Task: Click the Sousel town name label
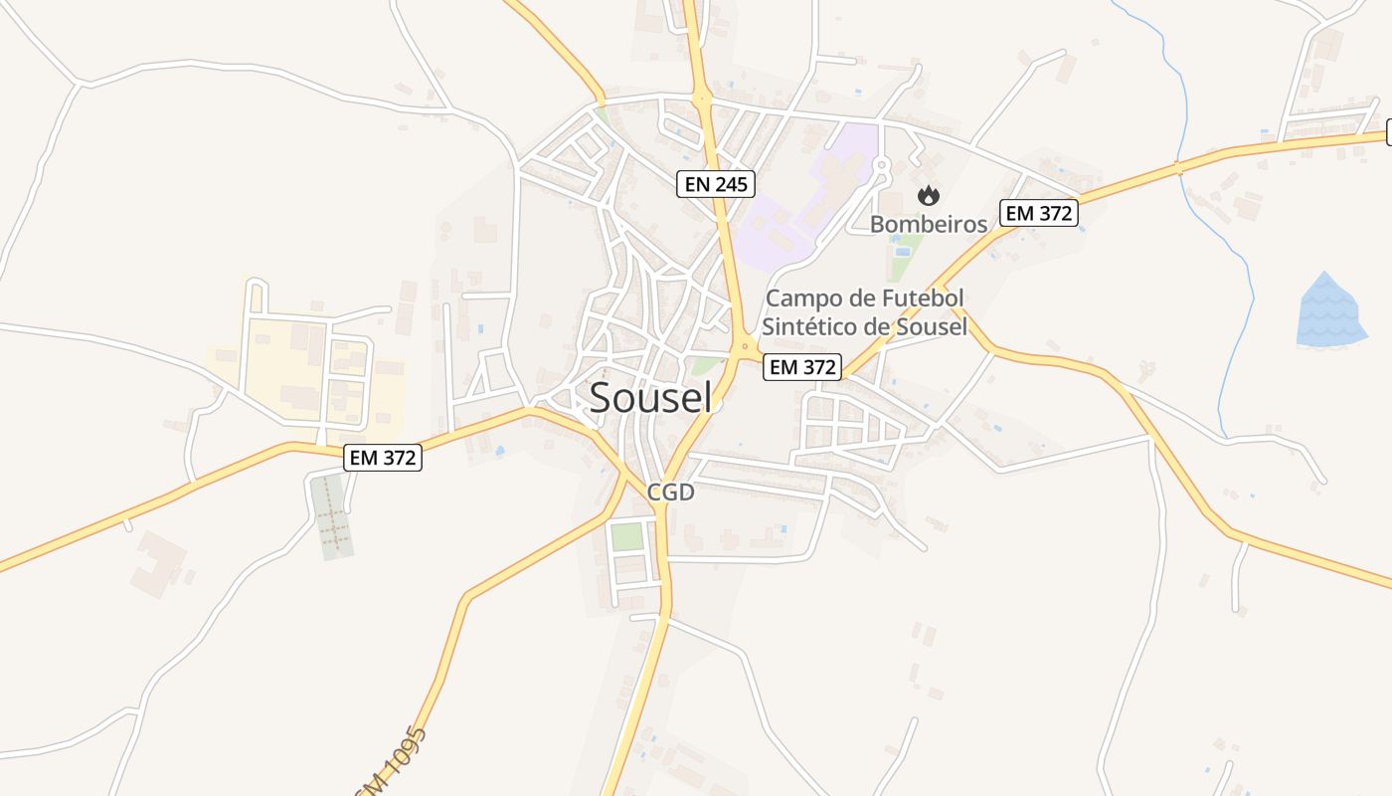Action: point(650,397)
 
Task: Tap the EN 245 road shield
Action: point(716,184)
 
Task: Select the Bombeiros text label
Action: point(929,224)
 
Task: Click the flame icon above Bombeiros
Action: point(929,195)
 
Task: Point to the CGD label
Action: point(670,492)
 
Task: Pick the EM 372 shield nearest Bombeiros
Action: point(1040,213)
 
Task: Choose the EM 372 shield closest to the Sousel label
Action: point(802,366)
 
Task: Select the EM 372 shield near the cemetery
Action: point(384,458)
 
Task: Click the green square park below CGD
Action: point(626,536)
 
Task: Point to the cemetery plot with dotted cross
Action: point(333,515)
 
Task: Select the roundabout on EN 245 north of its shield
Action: point(703,98)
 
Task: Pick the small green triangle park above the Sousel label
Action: point(706,366)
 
